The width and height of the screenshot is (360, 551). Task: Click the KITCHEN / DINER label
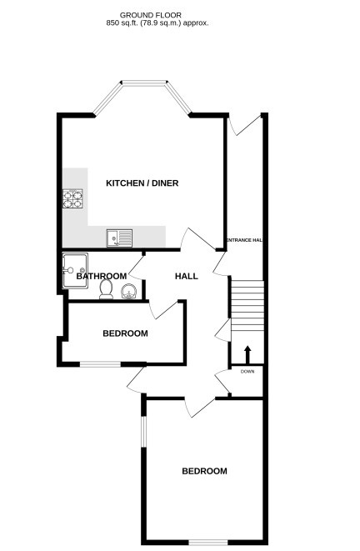[142, 183]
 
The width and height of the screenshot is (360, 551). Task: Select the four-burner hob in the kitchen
[73, 199]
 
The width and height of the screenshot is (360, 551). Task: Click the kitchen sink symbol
[119, 238]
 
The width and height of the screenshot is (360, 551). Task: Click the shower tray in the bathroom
[74, 268]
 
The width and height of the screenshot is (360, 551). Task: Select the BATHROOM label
[102, 276]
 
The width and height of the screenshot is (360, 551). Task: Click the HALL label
[186, 276]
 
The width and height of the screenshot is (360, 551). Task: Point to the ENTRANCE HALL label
[244, 240]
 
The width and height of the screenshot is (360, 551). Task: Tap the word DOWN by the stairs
[247, 371]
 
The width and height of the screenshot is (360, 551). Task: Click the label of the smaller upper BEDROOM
[125, 333]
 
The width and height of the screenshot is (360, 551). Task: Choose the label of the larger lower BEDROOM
[204, 471]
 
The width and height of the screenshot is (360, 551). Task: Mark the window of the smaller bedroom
[100, 363]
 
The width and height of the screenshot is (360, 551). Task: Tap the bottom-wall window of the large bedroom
[205, 543]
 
